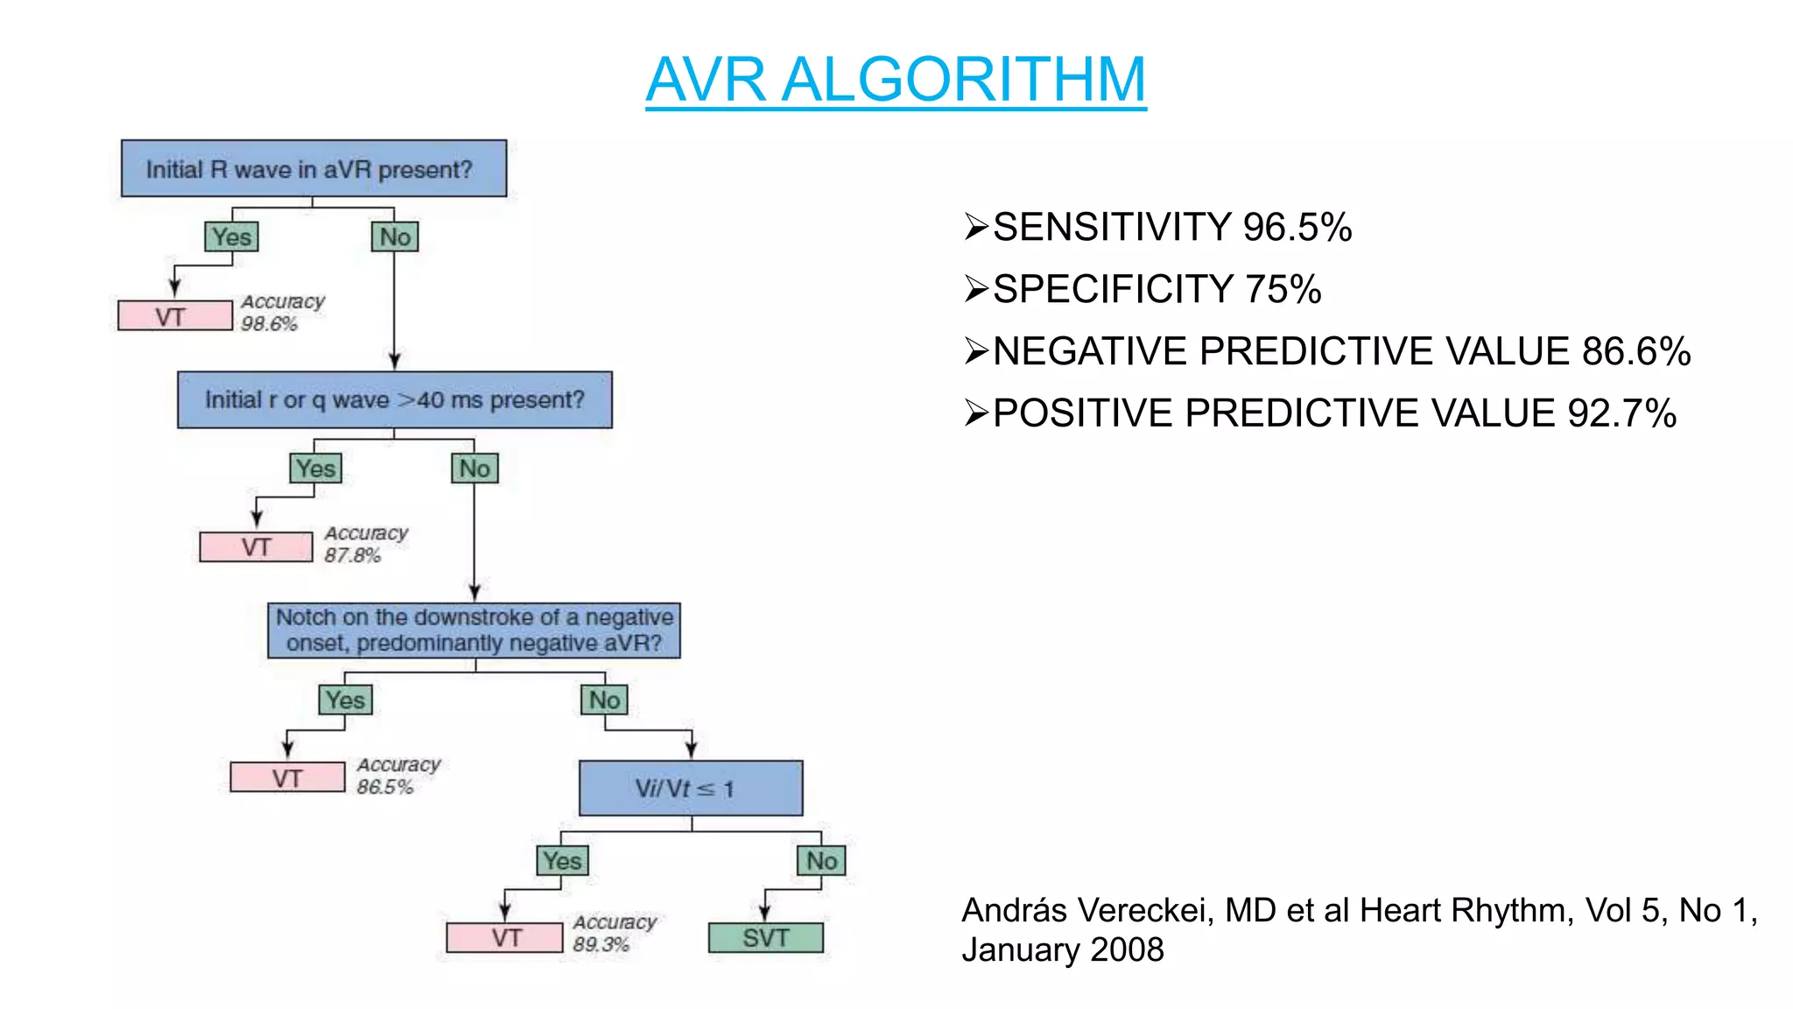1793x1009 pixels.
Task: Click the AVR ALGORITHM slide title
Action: (x=896, y=80)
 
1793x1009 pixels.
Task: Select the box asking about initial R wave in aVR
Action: (x=313, y=168)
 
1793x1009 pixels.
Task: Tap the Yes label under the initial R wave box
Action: (x=232, y=236)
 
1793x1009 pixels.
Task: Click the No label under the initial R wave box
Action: (x=395, y=236)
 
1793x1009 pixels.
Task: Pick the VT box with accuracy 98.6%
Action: (x=175, y=316)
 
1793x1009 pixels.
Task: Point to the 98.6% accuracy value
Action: (x=270, y=324)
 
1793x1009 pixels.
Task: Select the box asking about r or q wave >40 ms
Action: (x=394, y=400)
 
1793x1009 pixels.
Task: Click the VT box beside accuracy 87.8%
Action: (x=256, y=547)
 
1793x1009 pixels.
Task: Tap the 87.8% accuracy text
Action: (x=352, y=555)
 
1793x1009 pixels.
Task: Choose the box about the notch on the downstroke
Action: (x=474, y=631)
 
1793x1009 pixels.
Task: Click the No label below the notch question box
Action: (x=604, y=700)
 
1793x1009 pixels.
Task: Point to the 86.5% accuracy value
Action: (x=384, y=787)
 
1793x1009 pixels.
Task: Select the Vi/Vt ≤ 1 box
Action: (x=690, y=788)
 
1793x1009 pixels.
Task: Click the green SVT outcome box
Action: (x=765, y=938)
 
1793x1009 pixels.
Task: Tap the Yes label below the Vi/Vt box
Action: (x=562, y=861)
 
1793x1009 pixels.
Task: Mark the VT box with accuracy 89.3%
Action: (x=505, y=938)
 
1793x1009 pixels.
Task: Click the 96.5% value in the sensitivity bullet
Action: (x=1297, y=228)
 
